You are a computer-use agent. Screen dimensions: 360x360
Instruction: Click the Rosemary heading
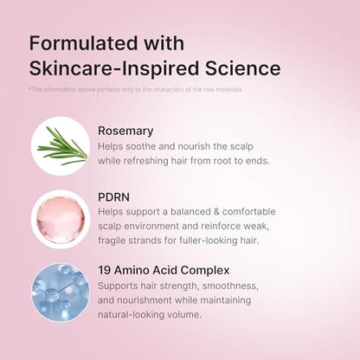click(126, 131)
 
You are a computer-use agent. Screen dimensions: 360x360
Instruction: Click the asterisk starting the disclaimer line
click(30, 89)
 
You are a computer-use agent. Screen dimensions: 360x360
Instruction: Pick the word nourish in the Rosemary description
click(204, 146)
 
